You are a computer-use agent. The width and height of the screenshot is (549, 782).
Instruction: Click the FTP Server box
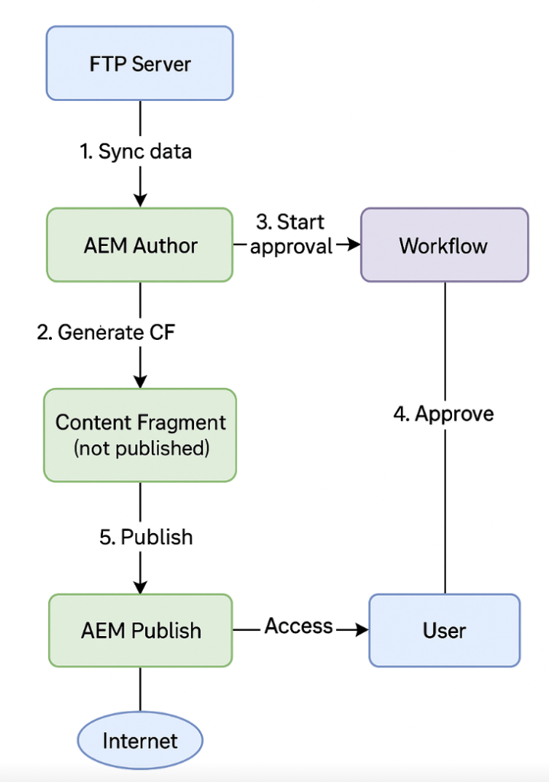coord(140,63)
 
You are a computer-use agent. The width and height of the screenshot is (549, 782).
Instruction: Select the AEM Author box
coord(140,245)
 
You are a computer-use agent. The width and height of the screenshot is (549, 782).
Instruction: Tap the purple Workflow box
coord(444,245)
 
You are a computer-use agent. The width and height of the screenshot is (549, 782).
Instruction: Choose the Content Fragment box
coord(140,434)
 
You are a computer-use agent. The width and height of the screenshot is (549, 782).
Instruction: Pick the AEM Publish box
coord(140,631)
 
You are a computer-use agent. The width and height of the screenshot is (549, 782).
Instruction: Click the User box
coord(444,631)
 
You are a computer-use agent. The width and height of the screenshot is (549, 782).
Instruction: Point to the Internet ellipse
coord(140,740)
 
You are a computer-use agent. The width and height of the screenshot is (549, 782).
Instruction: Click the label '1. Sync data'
coord(136,151)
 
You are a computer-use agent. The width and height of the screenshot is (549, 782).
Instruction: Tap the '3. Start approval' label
coord(291,234)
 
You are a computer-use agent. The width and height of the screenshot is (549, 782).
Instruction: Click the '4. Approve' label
coord(444,413)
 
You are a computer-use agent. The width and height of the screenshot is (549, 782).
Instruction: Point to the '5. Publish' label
coord(146,537)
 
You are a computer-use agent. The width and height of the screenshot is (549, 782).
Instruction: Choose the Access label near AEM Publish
coord(299,626)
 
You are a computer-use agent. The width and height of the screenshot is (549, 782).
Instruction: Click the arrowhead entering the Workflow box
coord(353,245)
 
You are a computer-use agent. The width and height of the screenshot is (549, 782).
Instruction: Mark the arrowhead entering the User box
coord(361,630)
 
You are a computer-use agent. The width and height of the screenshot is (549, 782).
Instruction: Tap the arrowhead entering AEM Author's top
coord(140,200)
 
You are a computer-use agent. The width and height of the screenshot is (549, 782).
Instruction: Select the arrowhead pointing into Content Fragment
coord(140,381)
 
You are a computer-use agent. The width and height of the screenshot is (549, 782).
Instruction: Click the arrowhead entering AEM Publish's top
coord(140,587)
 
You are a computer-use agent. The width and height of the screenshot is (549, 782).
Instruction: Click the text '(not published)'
coord(141,448)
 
